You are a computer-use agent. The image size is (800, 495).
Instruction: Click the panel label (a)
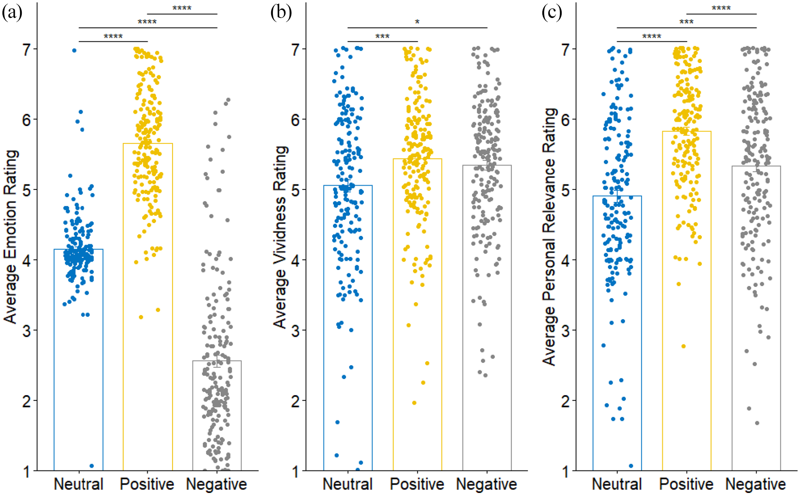pos(12,13)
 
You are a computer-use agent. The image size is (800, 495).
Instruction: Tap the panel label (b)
pos(281,13)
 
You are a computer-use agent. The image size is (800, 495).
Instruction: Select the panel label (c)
pos(552,13)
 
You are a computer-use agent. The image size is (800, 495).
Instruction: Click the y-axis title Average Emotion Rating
pos(11,237)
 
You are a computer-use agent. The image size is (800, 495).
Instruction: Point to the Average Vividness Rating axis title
pos(281,237)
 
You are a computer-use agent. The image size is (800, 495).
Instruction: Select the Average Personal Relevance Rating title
pos(549,236)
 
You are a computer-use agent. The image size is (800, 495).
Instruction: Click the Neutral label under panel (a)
pos(78,484)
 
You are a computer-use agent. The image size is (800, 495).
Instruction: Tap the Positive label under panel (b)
pos(417,484)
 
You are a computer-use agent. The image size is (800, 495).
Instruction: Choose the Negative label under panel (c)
pos(755,484)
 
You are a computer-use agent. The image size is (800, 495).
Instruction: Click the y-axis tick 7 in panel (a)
pos(27,50)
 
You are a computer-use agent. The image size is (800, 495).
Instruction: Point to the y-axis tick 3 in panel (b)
pos(296,331)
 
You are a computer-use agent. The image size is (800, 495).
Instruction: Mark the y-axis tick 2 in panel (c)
pos(565,401)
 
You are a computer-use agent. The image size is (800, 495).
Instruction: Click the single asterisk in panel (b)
pos(417,22)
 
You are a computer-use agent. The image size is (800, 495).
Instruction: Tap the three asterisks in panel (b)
pos(382,36)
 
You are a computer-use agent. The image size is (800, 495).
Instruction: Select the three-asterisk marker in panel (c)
pos(687,22)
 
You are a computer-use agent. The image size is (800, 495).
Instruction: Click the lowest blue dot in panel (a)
pos(91,466)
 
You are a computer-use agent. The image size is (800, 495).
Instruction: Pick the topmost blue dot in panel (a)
pos(74,50)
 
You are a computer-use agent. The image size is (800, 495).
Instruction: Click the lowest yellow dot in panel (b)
pos(414,403)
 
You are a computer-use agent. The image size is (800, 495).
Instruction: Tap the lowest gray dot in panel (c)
pos(757,423)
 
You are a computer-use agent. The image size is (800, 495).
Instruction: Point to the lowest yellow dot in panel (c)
pos(683,346)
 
